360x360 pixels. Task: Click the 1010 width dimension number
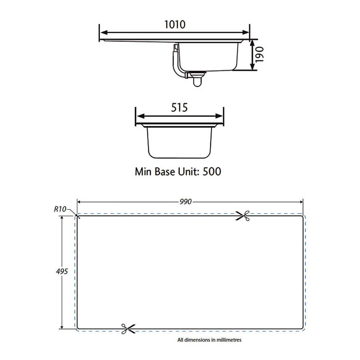[x=175, y=24]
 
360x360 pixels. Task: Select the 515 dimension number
[x=179, y=108]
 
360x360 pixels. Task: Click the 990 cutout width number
[x=186, y=201]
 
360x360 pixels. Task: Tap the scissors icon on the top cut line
[x=242, y=216]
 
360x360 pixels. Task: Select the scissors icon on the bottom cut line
[x=128, y=328]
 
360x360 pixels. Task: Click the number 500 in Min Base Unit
[x=212, y=171]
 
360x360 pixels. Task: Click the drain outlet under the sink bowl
[x=197, y=78]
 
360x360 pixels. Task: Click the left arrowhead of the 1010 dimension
[x=102, y=32]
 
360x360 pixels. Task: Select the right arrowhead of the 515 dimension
[x=220, y=116]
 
